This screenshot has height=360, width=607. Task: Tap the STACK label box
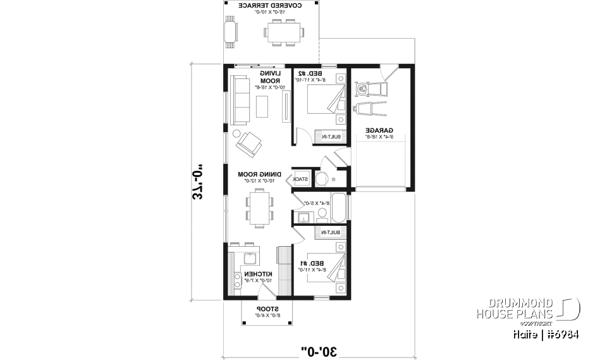301,179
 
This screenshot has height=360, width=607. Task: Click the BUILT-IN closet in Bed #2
333,137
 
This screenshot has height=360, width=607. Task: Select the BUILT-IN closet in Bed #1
333,233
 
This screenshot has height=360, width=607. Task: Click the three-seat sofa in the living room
239,100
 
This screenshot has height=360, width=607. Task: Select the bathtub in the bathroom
339,208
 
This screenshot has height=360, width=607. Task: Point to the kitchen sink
249,258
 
